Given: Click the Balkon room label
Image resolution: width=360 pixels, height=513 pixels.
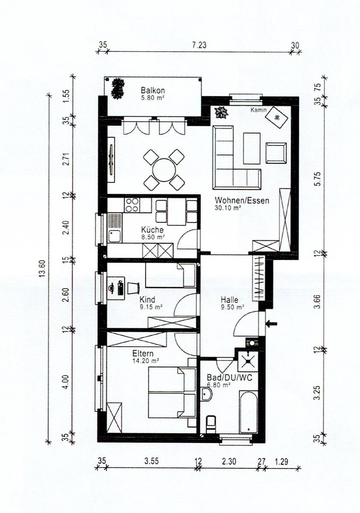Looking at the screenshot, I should pos(153,91).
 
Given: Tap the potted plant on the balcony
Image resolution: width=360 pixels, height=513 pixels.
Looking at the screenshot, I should pos(118,88).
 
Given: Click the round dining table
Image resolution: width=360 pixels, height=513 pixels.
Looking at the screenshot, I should pos(164,170).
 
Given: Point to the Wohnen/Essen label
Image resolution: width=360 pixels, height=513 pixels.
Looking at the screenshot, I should pos(242,200).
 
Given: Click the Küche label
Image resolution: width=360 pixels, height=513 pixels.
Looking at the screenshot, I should pos(152,230).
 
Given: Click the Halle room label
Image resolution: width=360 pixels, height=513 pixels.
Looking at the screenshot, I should pos(230,300).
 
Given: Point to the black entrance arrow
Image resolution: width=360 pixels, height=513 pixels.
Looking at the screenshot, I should pos(271,324).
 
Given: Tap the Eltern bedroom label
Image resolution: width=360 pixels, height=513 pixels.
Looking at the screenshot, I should pos(143,354).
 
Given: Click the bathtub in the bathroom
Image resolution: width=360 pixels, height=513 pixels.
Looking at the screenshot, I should pos(248,413).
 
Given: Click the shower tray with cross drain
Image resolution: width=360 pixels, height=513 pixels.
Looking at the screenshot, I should pos(247,361).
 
